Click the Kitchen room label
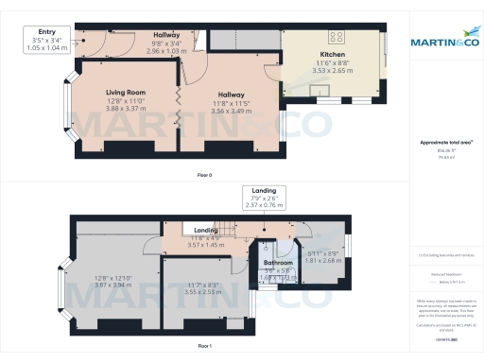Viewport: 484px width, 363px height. click(x=332, y=55)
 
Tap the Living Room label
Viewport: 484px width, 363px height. click(x=125, y=93)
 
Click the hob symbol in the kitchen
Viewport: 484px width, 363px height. click(x=337, y=39)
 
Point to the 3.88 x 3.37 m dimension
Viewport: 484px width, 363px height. click(x=125, y=109)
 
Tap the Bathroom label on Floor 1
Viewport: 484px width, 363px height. click(x=279, y=262)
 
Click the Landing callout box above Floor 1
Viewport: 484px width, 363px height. click(x=264, y=197)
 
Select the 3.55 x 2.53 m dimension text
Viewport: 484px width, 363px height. click(x=204, y=293)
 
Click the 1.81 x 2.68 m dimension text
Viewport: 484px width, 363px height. click(x=323, y=260)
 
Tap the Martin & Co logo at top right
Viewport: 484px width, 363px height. click(x=444, y=43)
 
